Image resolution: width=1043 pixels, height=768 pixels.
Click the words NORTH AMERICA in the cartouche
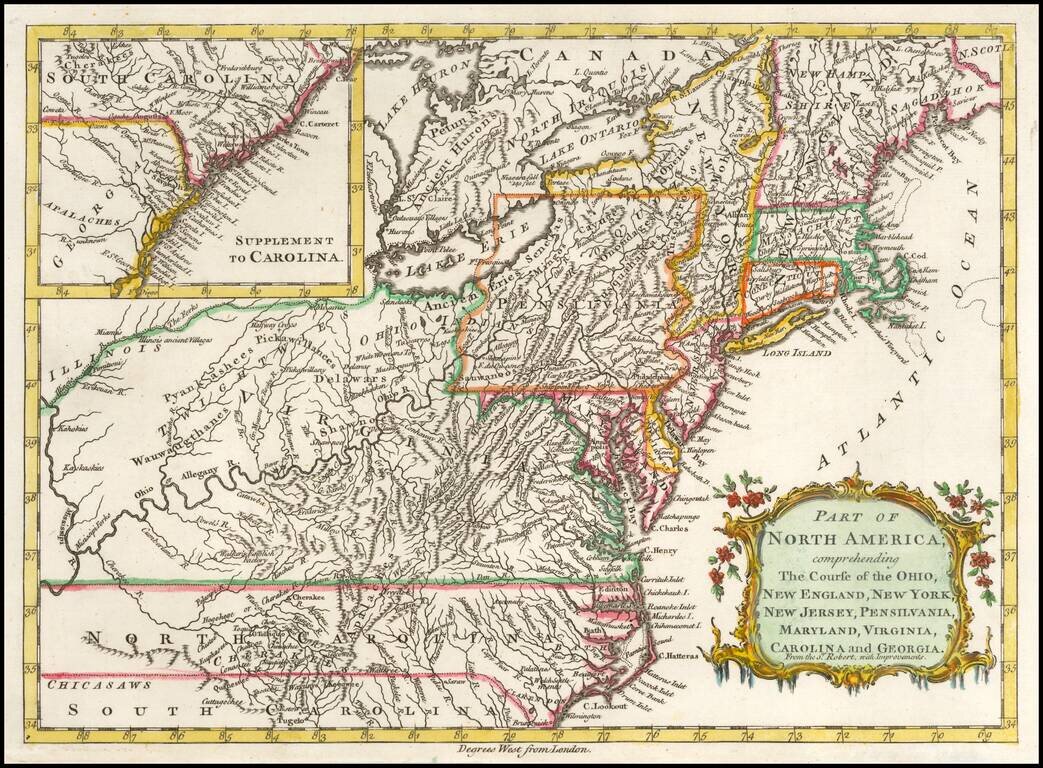(x=849, y=541)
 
